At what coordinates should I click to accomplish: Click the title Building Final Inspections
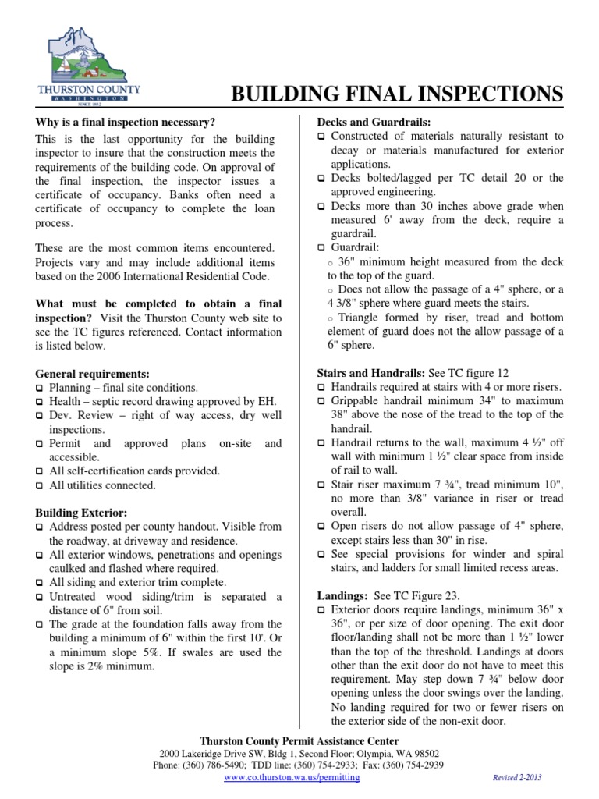point(396,94)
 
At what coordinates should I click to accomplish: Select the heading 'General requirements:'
point(93,374)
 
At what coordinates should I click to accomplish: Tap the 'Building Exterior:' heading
point(81,513)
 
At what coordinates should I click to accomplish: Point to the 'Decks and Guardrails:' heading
point(374,122)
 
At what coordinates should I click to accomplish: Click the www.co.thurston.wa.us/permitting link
point(292,778)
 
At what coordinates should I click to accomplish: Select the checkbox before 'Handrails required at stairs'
point(321,388)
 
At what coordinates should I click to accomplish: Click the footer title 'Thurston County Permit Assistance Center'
point(299,740)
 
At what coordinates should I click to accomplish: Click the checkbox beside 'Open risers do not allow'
point(321,527)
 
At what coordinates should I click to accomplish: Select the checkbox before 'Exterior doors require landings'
point(321,609)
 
